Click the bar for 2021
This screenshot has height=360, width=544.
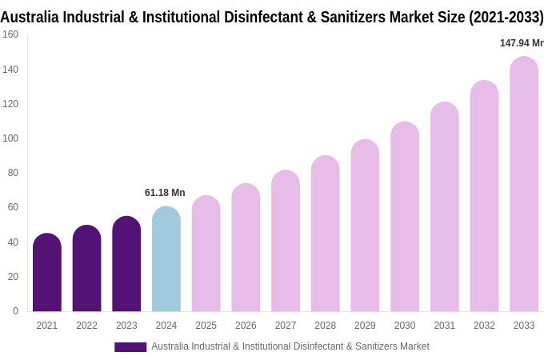click(47, 273)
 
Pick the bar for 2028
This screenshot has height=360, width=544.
click(325, 234)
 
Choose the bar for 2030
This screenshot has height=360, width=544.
click(405, 217)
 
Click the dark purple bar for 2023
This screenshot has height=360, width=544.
click(126, 264)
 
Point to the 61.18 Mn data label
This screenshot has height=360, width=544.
click(165, 193)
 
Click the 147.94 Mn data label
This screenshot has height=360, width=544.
click(521, 43)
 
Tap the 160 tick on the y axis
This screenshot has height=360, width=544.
click(10, 34)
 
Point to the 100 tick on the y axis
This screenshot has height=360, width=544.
click(10, 138)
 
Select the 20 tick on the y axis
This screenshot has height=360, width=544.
click(13, 277)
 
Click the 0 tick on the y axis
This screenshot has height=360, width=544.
click(15, 311)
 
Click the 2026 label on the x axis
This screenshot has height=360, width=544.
click(246, 326)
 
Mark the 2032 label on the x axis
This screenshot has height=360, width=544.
click(484, 326)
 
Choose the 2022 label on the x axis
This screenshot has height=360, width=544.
click(86, 326)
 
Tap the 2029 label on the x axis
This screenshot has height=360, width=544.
click(365, 326)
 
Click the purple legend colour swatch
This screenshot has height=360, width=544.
click(130, 346)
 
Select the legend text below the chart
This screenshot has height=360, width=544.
click(290, 346)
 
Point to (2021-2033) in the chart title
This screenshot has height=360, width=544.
click(505, 17)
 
